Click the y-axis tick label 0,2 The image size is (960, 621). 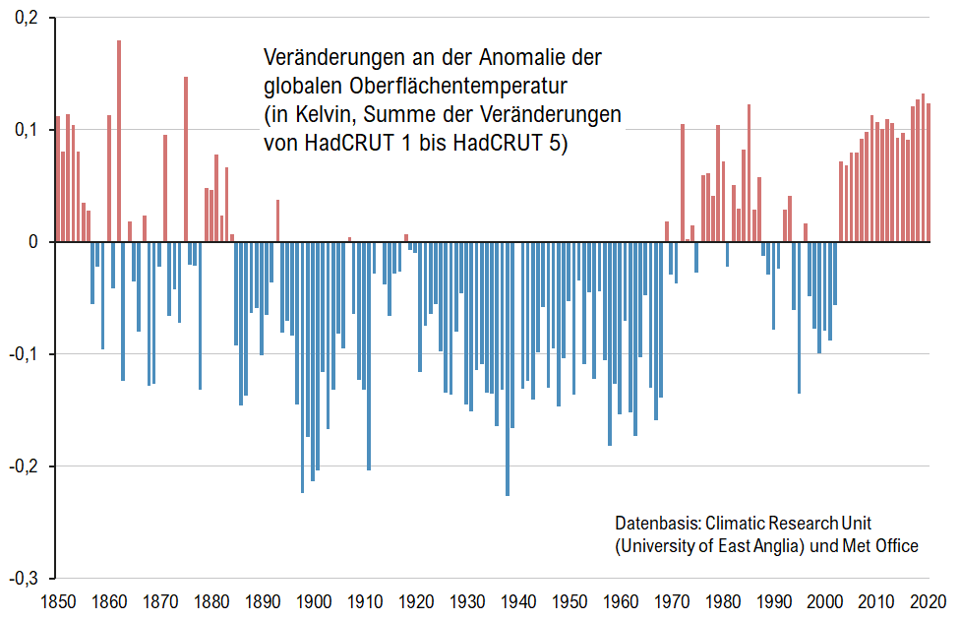point(25,19)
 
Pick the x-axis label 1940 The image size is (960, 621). point(520,600)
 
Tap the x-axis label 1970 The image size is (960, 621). point(674,600)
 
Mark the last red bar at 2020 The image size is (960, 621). point(929,172)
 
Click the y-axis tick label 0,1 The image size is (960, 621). point(25,130)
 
